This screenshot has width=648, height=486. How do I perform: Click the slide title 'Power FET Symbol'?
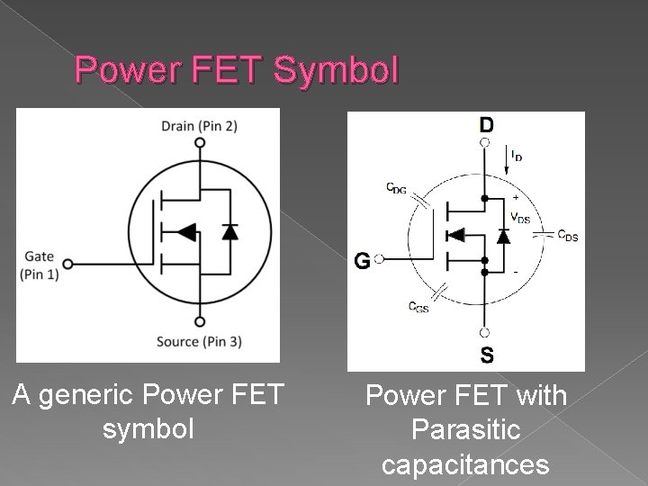(235, 70)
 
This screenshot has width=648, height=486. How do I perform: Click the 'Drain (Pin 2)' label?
(199, 125)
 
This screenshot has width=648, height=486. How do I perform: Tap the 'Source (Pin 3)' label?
(199, 341)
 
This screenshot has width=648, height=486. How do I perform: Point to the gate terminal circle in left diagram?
(69, 265)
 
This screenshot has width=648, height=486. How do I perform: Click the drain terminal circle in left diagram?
(198, 143)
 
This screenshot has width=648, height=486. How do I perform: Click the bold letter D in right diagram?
(485, 123)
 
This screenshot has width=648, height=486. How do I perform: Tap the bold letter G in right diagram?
(362, 261)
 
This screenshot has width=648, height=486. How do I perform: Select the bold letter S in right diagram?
(486, 355)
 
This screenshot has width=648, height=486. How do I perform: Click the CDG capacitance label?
(396, 187)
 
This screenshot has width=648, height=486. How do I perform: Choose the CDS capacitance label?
(568, 236)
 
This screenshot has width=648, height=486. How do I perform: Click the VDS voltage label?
(521, 217)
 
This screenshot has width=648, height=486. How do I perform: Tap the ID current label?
(517, 156)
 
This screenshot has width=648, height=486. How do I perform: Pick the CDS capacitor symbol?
(542, 233)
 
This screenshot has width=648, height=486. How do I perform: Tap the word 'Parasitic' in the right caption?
(465, 430)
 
